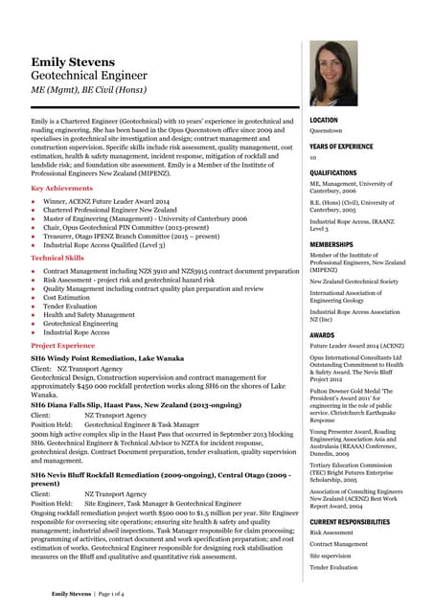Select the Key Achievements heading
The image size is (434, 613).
coord(62,189)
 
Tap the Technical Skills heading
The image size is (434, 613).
coord(57,259)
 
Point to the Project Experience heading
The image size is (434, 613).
coord(63,345)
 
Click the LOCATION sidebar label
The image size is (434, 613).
coord(324,121)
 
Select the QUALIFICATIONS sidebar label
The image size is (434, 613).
coord(333,173)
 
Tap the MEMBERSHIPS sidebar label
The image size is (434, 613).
coord(331,244)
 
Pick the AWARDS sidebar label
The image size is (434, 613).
coord(322,335)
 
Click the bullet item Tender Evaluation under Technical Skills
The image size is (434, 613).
coord(70,306)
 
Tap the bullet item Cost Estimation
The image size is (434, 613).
coord(67,298)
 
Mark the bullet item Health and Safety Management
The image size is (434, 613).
coord(89,315)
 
